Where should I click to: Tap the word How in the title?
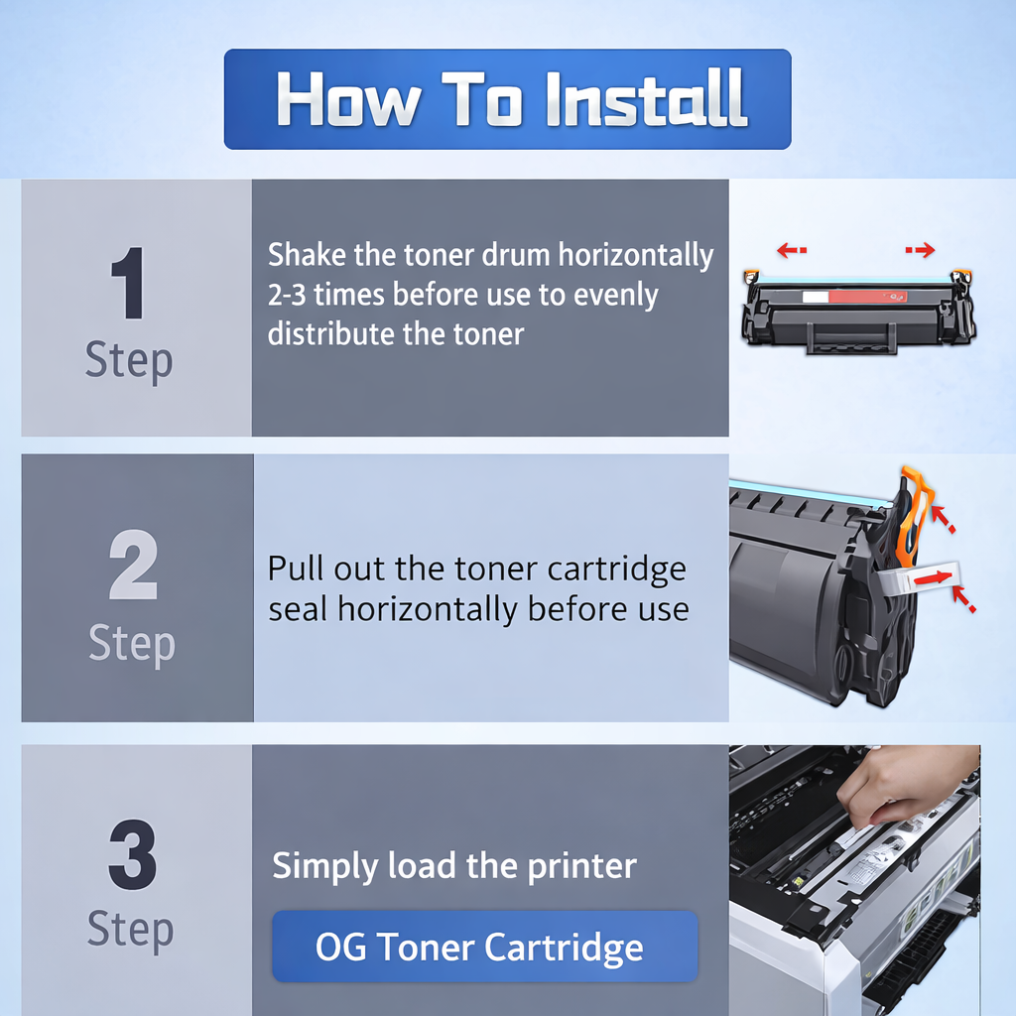pos(347,99)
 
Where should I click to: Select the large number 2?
pos(133,567)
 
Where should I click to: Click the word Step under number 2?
pos(132,644)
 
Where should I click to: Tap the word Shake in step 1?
pos(307,255)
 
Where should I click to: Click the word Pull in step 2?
pos(297,570)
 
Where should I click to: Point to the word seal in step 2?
pos(299,609)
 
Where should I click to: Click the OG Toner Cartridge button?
pos(484,947)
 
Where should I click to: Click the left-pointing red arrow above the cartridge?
pos(791,250)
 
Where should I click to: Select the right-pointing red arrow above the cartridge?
pos(921,250)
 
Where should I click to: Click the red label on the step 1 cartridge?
pos(864,296)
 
